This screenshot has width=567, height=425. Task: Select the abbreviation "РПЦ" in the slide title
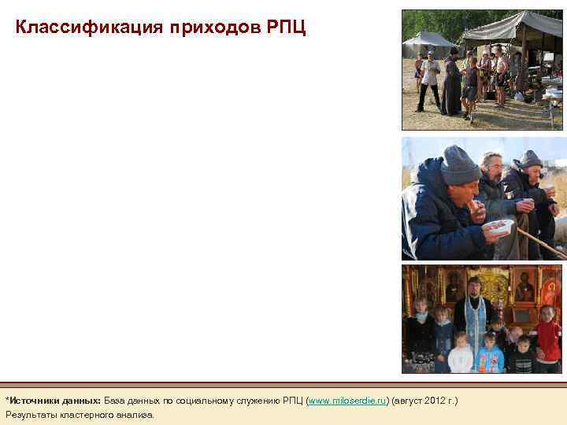(287, 28)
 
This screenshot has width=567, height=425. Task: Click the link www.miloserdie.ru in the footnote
(349, 401)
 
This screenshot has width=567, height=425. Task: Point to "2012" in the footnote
(435, 401)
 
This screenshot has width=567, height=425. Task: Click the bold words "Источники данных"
(55, 401)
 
